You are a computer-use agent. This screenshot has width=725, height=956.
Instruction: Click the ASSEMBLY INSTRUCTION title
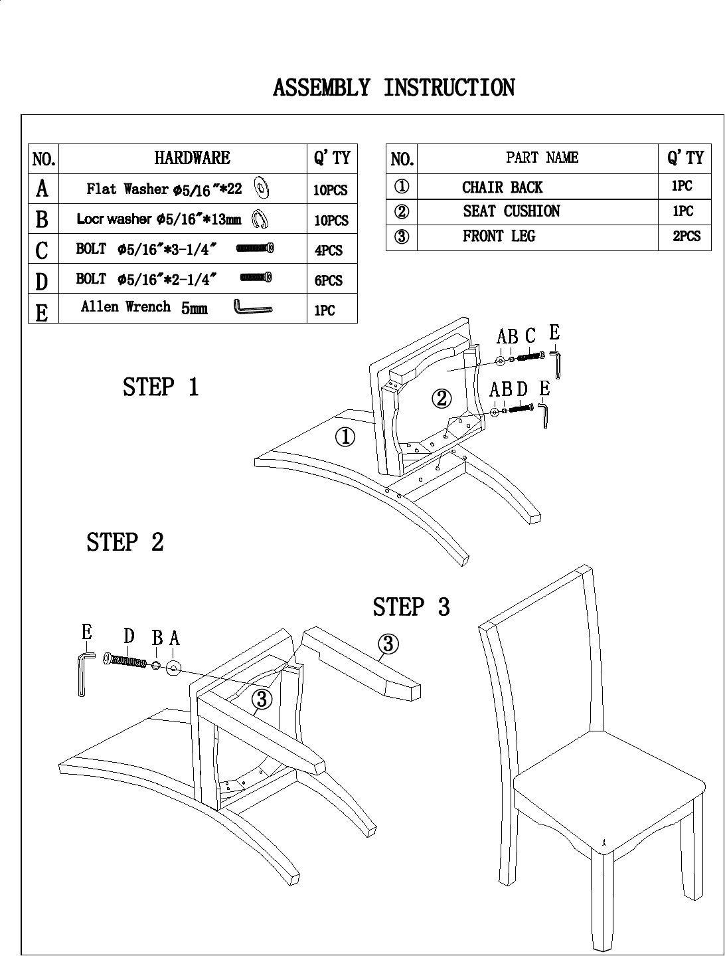click(394, 88)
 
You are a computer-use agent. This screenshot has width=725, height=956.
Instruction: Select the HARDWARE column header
click(192, 158)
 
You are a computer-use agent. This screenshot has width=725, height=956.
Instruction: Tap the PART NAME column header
click(542, 157)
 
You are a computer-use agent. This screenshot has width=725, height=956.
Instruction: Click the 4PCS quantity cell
click(329, 250)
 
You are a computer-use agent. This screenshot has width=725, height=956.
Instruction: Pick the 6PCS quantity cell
click(329, 280)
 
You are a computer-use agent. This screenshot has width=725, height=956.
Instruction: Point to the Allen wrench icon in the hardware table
click(253, 308)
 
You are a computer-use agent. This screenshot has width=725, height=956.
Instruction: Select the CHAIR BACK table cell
click(502, 187)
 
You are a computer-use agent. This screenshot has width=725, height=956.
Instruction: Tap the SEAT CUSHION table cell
click(511, 211)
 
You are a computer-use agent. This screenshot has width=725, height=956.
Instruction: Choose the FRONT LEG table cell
click(499, 237)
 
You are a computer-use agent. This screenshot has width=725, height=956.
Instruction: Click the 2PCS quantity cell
click(686, 237)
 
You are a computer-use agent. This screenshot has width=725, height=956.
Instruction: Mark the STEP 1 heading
click(161, 387)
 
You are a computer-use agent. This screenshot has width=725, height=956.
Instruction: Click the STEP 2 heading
click(125, 542)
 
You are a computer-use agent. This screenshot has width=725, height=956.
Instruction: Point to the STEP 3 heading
click(411, 607)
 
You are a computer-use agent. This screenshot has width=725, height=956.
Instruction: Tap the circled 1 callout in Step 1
click(345, 437)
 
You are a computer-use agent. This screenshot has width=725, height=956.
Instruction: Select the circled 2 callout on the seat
click(442, 399)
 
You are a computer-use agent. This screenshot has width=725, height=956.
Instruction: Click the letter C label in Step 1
click(530, 336)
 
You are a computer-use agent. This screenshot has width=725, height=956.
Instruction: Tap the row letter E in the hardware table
click(42, 311)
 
